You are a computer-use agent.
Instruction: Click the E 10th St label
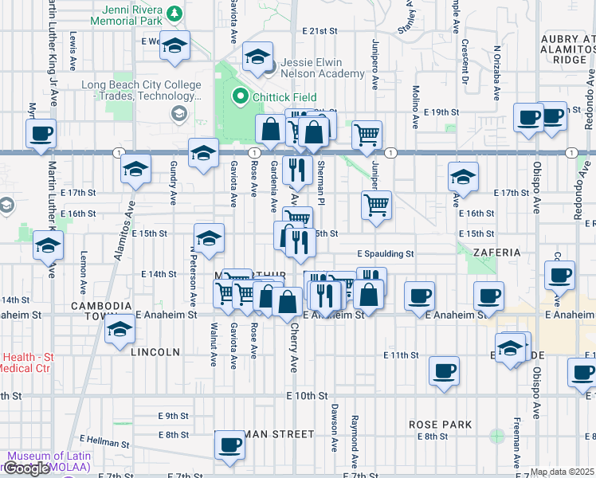pyautogui.click(x=307, y=395)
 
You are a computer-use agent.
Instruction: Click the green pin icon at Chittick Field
pyautogui.click(x=238, y=97)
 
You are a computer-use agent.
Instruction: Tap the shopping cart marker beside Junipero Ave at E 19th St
pyautogui.click(x=367, y=134)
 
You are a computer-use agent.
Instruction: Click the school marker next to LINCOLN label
pyautogui.click(x=120, y=328)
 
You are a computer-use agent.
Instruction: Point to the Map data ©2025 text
pyautogui.click(x=563, y=472)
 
